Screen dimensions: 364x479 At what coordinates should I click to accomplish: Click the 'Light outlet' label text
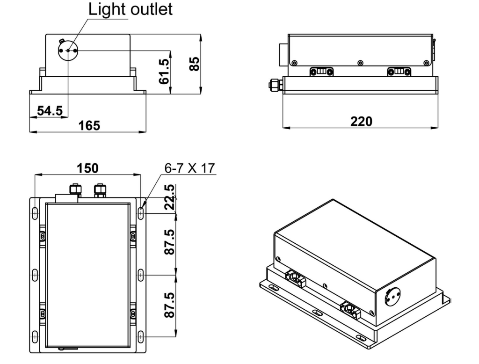click(131, 10)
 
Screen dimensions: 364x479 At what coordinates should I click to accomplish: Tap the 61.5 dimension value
click(165, 72)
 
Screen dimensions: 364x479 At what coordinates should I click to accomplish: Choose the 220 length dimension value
click(362, 121)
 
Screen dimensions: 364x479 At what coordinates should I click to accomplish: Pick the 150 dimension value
click(87, 168)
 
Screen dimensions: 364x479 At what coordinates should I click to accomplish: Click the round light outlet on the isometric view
click(392, 296)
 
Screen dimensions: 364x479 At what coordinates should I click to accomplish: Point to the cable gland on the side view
click(274, 85)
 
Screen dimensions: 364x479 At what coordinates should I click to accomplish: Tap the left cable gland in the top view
click(74, 189)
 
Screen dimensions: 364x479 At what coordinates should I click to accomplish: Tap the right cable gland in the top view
click(99, 189)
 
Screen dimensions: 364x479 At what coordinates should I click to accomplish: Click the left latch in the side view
click(321, 71)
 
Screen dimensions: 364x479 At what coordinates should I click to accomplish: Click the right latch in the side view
click(399, 71)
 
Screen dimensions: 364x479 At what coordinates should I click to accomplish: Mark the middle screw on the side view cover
click(360, 63)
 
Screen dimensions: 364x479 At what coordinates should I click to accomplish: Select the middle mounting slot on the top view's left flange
click(35, 274)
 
